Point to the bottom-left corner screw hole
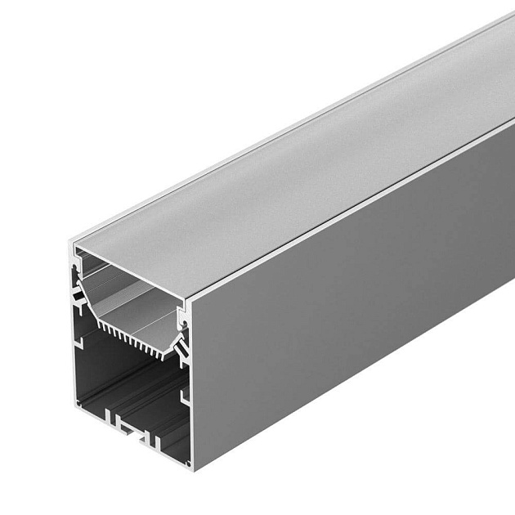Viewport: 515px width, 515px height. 78,402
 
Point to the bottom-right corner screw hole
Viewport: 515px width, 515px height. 187,463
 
